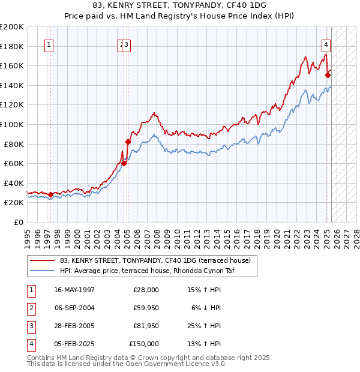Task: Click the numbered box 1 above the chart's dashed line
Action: (49, 44)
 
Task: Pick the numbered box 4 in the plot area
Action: (326, 44)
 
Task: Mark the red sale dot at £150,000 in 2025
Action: (328, 75)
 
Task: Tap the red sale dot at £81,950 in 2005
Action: (128, 142)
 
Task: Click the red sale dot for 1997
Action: (50, 194)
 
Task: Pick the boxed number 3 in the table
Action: (30, 326)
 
